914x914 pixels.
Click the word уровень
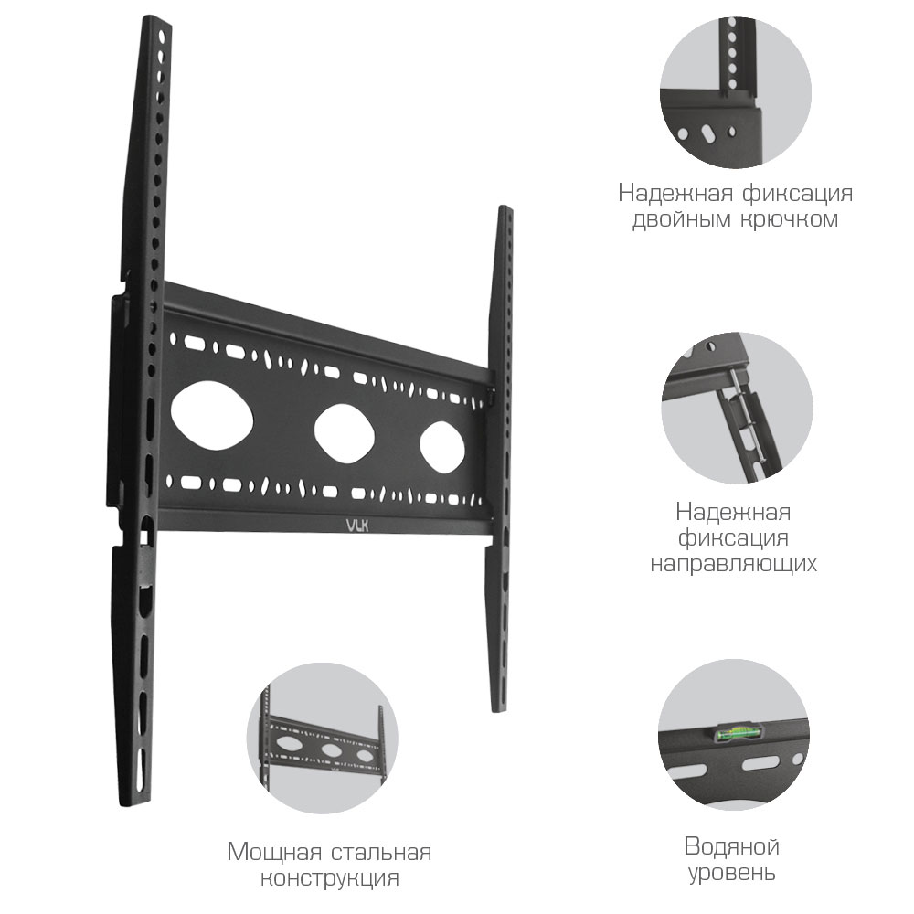(x=731, y=873)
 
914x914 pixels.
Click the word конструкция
(x=329, y=879)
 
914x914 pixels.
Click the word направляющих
(x=733, y=563)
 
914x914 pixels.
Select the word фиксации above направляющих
(x=733, y=537)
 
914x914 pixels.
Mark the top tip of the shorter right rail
(x=504, y=211)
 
